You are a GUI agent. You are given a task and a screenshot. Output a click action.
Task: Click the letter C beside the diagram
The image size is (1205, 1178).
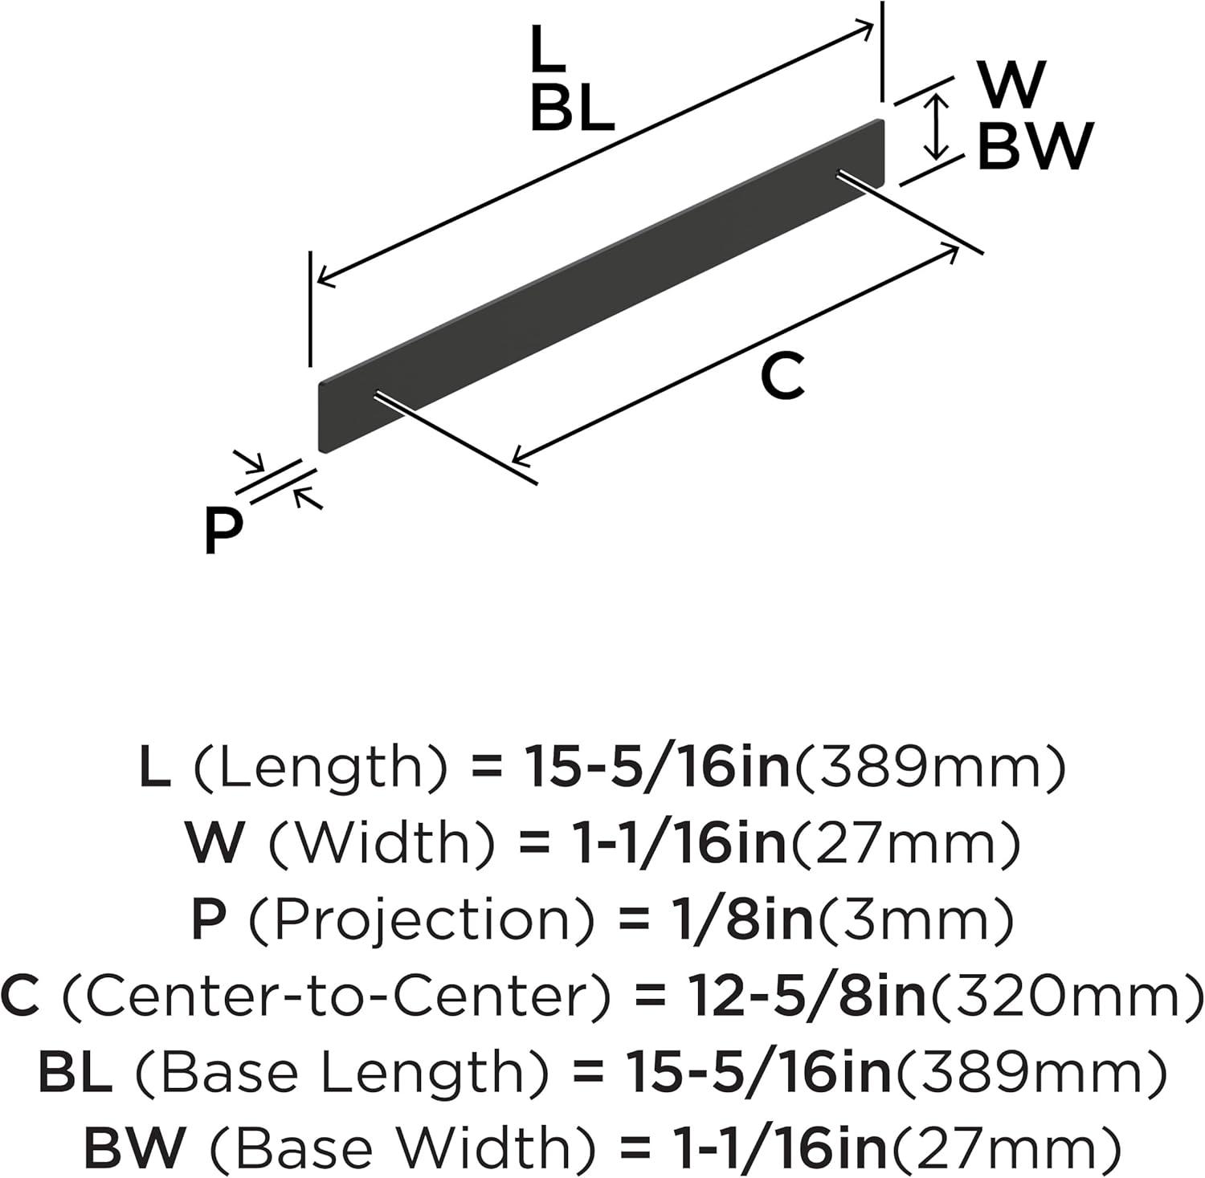coord(782,377)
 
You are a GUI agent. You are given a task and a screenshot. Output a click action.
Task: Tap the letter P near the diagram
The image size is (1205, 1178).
coord(223,531)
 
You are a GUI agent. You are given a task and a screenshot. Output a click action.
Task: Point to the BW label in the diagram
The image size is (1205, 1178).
coord(1035,147)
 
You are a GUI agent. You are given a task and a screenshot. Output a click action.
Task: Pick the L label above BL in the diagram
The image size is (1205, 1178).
coord(549,47)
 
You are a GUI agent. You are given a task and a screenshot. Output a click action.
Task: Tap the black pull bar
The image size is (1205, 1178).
coord(602,286)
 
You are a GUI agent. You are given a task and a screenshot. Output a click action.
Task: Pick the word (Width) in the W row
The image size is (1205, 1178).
coord(379,844)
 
